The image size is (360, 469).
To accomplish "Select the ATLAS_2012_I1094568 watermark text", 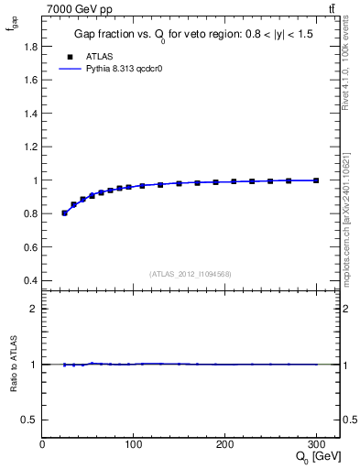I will click(x=191, y=273).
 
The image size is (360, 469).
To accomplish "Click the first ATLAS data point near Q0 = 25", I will click(x=64, y=213).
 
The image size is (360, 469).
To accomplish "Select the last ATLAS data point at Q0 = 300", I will click(x=316, y=180).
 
